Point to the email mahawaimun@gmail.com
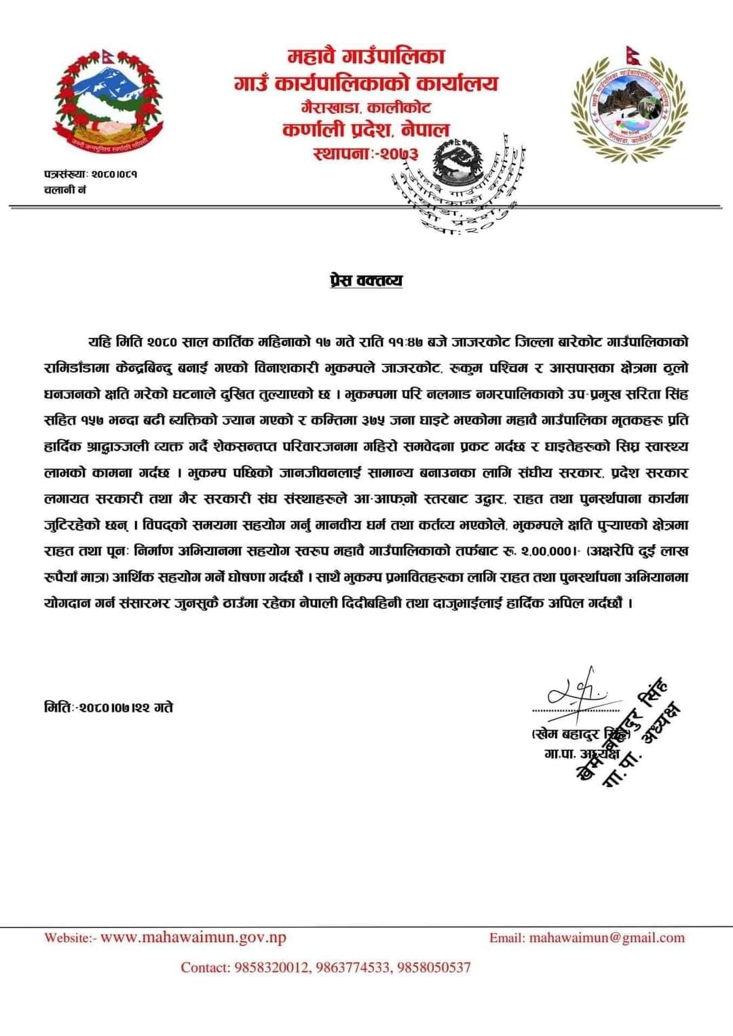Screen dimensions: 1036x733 click(606, 938)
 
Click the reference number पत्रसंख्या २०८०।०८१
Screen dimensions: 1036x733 click(90, 174)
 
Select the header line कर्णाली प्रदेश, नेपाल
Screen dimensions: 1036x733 click(366, 129)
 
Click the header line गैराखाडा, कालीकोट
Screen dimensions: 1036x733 click(366, 107)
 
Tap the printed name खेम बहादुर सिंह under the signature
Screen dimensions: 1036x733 click(577, 735)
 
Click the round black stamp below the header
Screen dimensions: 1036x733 click(453, 183)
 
